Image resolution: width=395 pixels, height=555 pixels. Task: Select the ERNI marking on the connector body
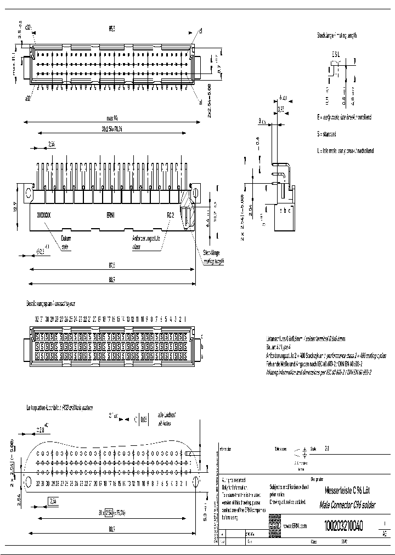coord(110,215)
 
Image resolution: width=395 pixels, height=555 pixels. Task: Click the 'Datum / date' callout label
coord(66,242)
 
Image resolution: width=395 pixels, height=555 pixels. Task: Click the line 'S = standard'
coord(326,134)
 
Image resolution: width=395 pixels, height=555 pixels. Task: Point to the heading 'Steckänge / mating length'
coord(337,35)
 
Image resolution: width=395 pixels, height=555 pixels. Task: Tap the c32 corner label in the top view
coord(29,26)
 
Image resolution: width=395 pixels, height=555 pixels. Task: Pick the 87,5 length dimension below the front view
coord(111,265)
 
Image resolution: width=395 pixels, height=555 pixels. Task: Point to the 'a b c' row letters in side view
coord(286,210)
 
